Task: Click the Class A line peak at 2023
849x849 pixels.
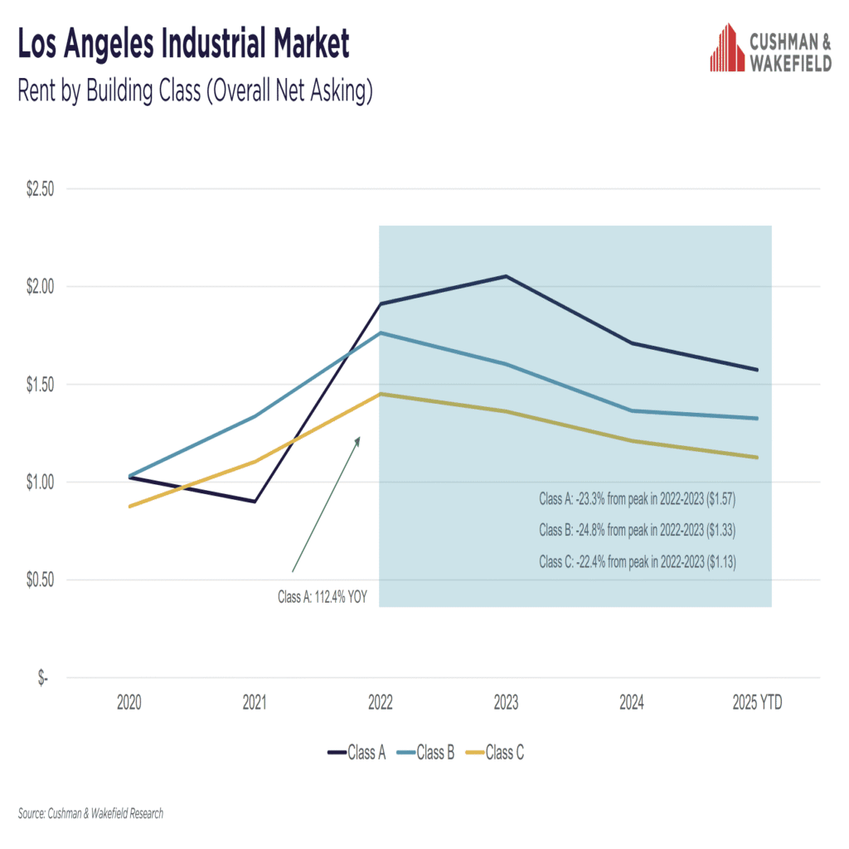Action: [506, 276]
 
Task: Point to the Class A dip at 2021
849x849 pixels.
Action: [255, 502]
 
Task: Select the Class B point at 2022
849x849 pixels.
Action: [380, 332]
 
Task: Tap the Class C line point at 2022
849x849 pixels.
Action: [380, 394]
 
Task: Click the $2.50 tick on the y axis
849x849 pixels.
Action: [40, 189]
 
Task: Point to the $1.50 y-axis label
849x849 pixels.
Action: [40, 385]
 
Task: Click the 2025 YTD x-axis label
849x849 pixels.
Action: [757, 704]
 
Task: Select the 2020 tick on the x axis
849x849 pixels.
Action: [129, 704]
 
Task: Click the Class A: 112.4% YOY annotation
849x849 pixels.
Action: [322, 596]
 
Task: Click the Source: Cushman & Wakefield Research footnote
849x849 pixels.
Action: [90, 813]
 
